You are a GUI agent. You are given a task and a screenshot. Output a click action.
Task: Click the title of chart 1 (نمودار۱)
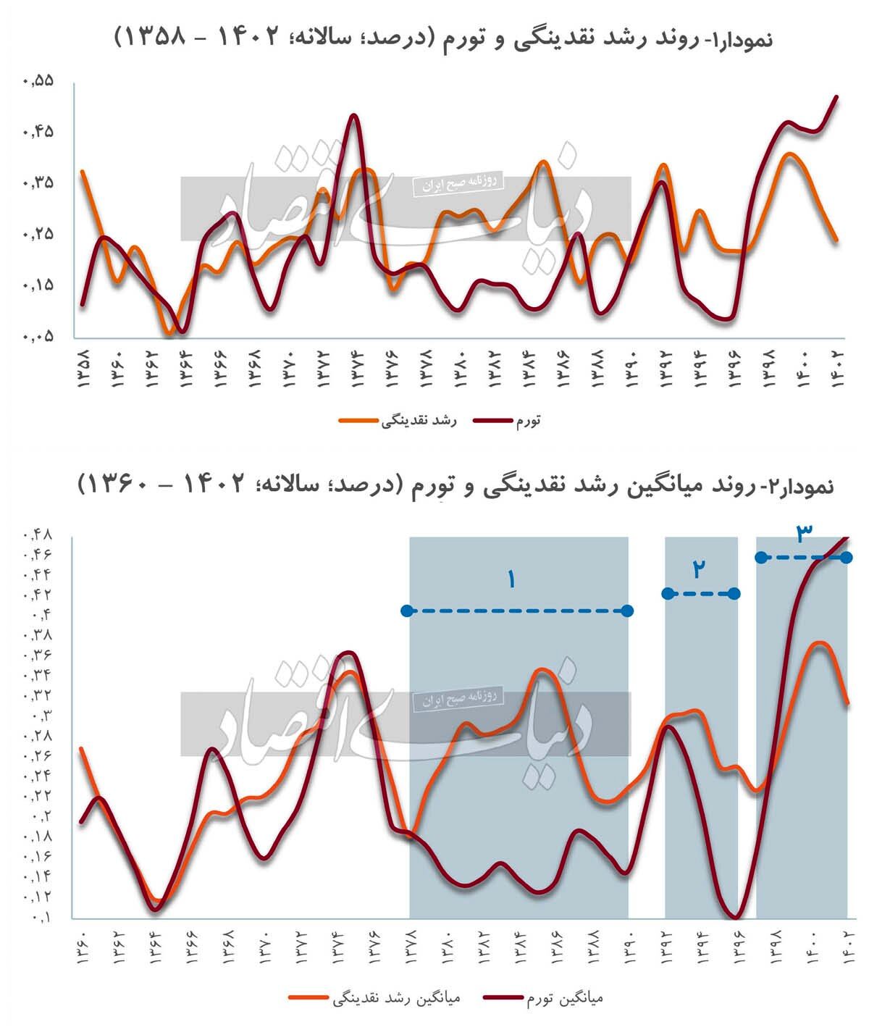coord(443,38)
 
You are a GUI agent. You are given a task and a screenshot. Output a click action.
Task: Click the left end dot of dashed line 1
coord(408,611)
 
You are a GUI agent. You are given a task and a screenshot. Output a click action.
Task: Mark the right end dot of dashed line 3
coord(847,557)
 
